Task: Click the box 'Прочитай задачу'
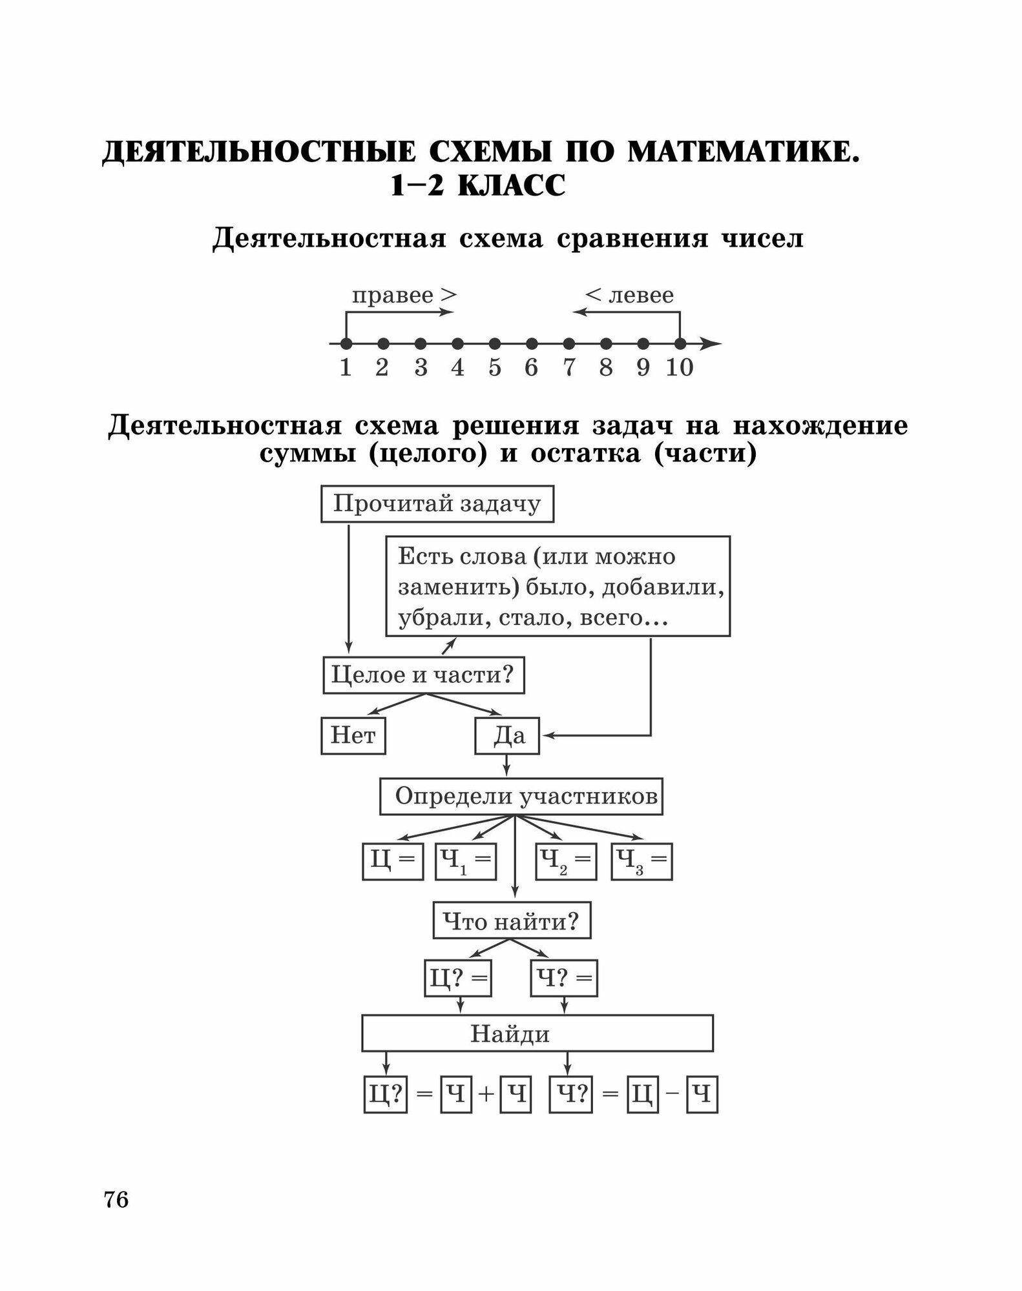(x=437, y=503)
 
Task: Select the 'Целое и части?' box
(x=423, y=675)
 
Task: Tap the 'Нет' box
(x=353, y=736)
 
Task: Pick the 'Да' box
(x=507, y=736)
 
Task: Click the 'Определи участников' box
(x=521, y=797)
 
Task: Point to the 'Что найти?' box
(x=512, y=921)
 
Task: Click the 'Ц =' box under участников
(x=393, y=861)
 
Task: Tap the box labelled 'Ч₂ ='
(x=566, y=861)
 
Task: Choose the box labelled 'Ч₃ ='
(x=641, y=861)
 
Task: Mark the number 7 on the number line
(x=569, y=367)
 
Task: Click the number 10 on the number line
(x=680, y=367)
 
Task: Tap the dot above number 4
(x=458, y=343)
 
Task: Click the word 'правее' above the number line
(x=392, y=296)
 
